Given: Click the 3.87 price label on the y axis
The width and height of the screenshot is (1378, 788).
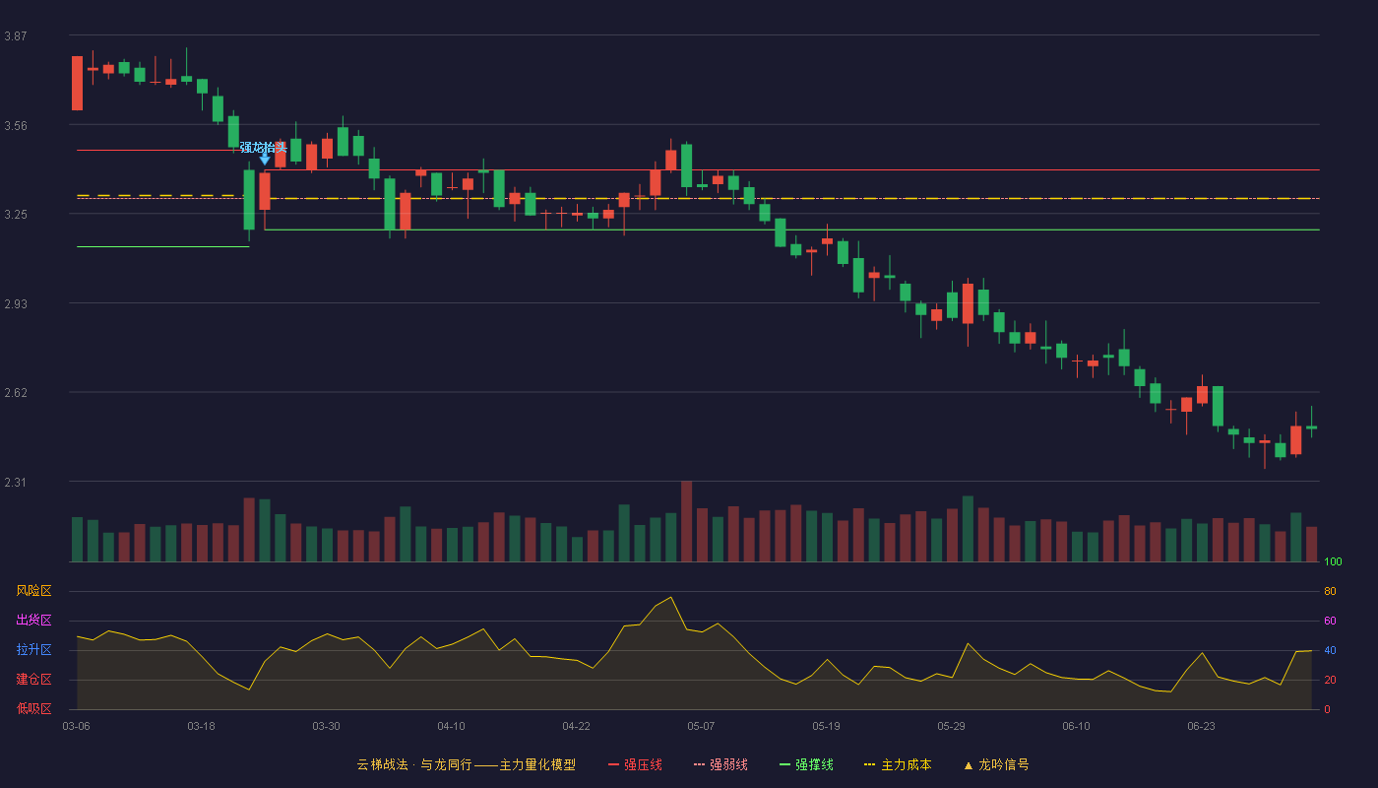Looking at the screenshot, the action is (16, 35).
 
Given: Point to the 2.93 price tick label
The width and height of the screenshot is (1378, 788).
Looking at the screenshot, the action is (16, 303).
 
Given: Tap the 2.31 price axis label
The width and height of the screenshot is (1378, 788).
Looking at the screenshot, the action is (16, 482).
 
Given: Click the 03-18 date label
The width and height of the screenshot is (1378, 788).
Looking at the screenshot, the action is (201, 726).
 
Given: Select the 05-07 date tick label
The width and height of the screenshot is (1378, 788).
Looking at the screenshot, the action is (701, 726).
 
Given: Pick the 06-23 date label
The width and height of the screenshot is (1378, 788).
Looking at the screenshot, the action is (1201, 726).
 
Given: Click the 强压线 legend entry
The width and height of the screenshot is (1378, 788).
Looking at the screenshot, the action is (635, 764).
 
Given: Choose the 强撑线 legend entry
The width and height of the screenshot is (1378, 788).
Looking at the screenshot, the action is (806, 764).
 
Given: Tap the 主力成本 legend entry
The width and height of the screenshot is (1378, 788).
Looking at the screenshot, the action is (898, 764).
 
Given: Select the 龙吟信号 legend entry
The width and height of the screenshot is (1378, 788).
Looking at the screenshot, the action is (996, 764).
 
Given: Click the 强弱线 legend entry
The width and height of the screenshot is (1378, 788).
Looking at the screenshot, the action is (720, 764).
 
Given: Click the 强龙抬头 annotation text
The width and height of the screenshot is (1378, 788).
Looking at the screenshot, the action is (264, 147).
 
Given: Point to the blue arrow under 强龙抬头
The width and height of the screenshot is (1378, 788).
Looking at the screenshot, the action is (265, 160).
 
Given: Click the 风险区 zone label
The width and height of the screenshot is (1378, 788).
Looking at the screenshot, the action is (33, 590).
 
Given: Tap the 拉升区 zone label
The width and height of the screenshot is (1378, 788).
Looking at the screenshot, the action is (33, 649).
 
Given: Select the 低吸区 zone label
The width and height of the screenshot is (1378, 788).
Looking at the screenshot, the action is (33, 708).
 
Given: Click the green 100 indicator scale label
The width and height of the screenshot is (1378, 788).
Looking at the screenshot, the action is (1333, 561).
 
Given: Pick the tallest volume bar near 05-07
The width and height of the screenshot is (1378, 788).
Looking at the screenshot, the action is (687, 521).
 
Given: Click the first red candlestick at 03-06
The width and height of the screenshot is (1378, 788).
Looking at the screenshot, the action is (77, 83).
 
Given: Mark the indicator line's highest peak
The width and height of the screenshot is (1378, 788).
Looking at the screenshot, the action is (670, 597).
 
